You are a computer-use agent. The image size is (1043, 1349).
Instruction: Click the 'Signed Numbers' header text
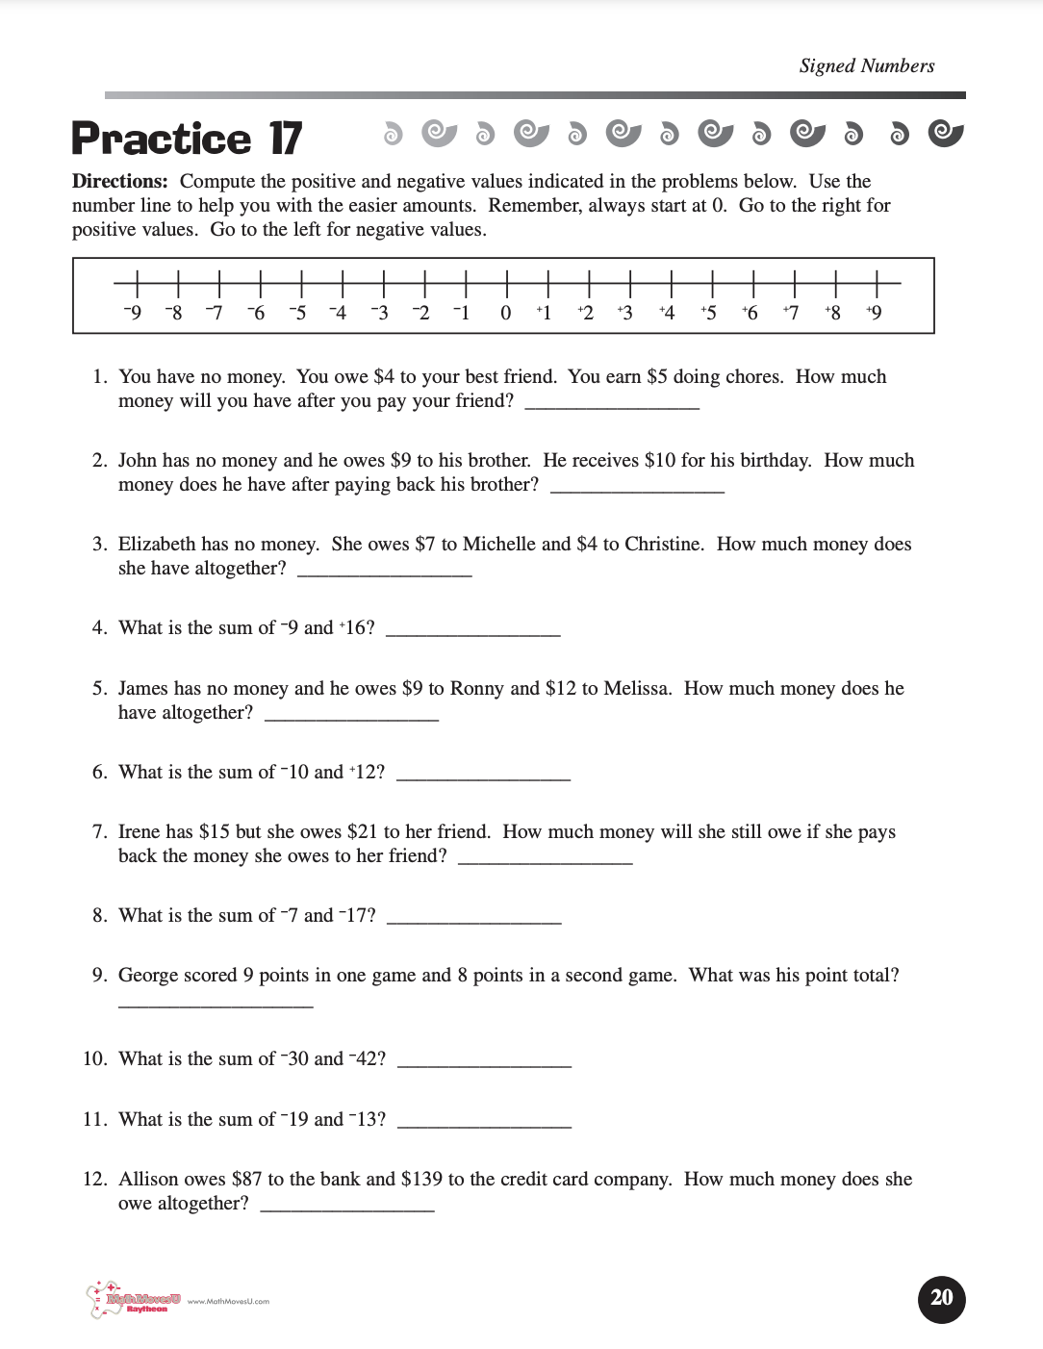866,65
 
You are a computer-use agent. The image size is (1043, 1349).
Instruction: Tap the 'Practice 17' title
187,139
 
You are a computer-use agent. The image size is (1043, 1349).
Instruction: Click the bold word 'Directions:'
120,181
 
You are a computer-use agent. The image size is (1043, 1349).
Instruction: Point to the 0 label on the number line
505,313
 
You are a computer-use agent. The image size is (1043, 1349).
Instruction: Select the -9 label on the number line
133,313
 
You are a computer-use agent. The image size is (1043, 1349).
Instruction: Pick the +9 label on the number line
874,313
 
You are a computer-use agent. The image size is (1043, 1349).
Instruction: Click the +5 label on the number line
708,313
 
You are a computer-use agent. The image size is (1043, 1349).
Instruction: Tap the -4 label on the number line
338,313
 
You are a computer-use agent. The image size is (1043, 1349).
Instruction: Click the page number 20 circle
941,1299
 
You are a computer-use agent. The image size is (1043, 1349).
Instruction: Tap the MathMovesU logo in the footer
135,1301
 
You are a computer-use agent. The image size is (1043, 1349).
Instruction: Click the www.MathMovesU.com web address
228,1301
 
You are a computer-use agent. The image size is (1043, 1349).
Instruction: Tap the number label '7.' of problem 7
99,831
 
